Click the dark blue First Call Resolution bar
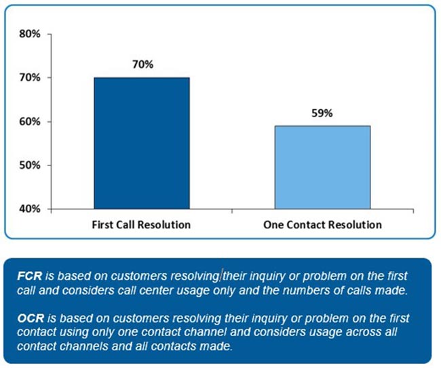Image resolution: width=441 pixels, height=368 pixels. coord(142,143)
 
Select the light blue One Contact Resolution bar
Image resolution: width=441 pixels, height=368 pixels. coord(322,167)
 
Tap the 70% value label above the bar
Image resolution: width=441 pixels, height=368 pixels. coord(143,66)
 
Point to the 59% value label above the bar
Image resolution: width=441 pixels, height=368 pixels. coord(322,114)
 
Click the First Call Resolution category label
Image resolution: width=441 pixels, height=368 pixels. coord(142,224)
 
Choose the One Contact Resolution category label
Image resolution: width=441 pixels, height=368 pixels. coord(322,224)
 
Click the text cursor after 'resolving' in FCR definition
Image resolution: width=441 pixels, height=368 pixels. coord(220,277)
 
